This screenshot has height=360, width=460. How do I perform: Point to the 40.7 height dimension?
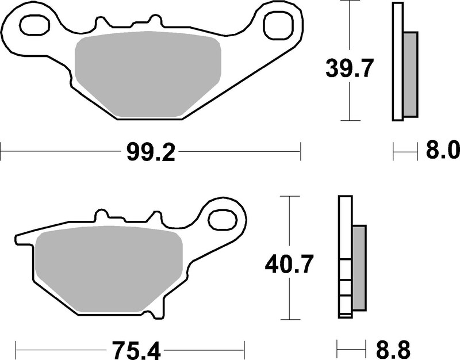click(x=289, y=265)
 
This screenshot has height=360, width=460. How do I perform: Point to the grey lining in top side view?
click(x=410, y=73)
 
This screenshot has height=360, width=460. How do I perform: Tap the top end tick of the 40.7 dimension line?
click(x=290, y=197)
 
